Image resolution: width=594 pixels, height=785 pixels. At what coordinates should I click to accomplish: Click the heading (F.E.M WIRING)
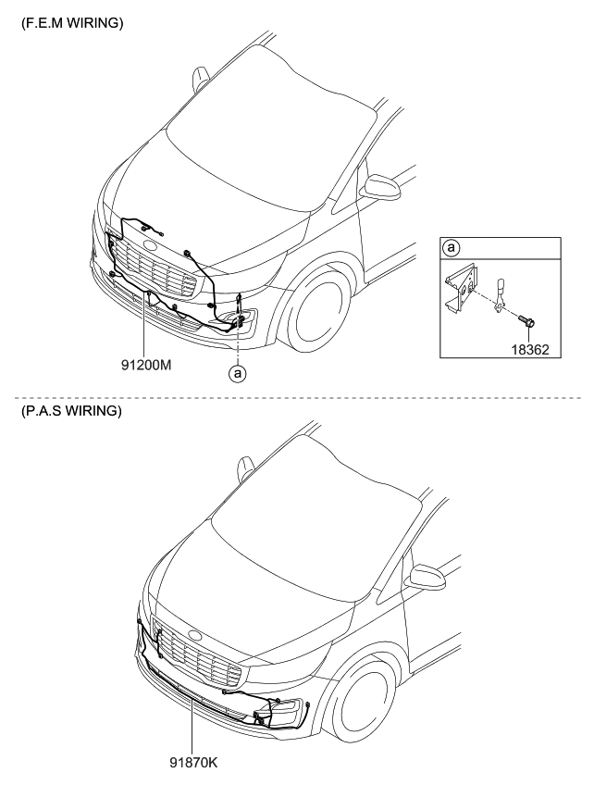click(70, 24)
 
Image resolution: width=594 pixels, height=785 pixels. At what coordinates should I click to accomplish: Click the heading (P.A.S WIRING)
click(70, 410)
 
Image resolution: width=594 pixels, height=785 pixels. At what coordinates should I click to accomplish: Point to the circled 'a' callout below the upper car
click(238, 374)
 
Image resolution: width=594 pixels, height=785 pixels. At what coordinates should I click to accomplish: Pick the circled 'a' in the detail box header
click(452, 248)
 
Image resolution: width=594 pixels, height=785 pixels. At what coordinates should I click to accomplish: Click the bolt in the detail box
click(529, 323)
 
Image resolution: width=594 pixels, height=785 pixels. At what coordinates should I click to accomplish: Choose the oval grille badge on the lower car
click(195, 635)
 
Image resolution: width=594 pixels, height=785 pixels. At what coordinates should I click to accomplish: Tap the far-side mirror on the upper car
click(201, 79)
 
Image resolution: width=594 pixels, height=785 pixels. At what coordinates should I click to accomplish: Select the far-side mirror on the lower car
click(247, 467)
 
